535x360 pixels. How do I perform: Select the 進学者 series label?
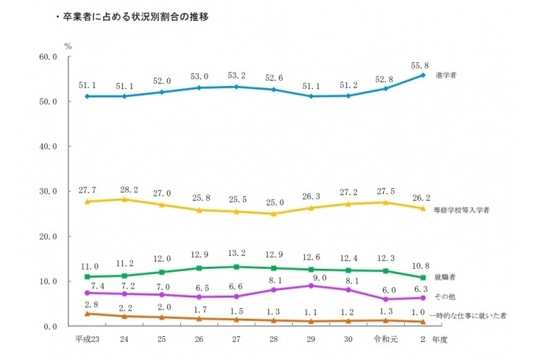pyautogui.click(x=447, y=74)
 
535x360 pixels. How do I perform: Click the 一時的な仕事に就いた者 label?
pyautogui.click(x=467, y=315)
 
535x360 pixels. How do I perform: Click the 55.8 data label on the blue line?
pyautogui.click(x=420, y=64)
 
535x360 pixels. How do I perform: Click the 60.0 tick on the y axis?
pyautogui.click(x=48, y=56)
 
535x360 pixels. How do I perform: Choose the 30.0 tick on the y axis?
pyautogui.click(x=48, y=192)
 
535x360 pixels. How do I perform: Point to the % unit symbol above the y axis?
pyautogui.click(x=67, y=45)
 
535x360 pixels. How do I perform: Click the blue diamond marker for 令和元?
pyautogui.click(x=385, y=88)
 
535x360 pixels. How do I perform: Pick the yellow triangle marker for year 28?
pyautogui.click(x=273, y=213)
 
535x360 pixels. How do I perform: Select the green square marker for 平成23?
pyautogui.click(x=87, y=277)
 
